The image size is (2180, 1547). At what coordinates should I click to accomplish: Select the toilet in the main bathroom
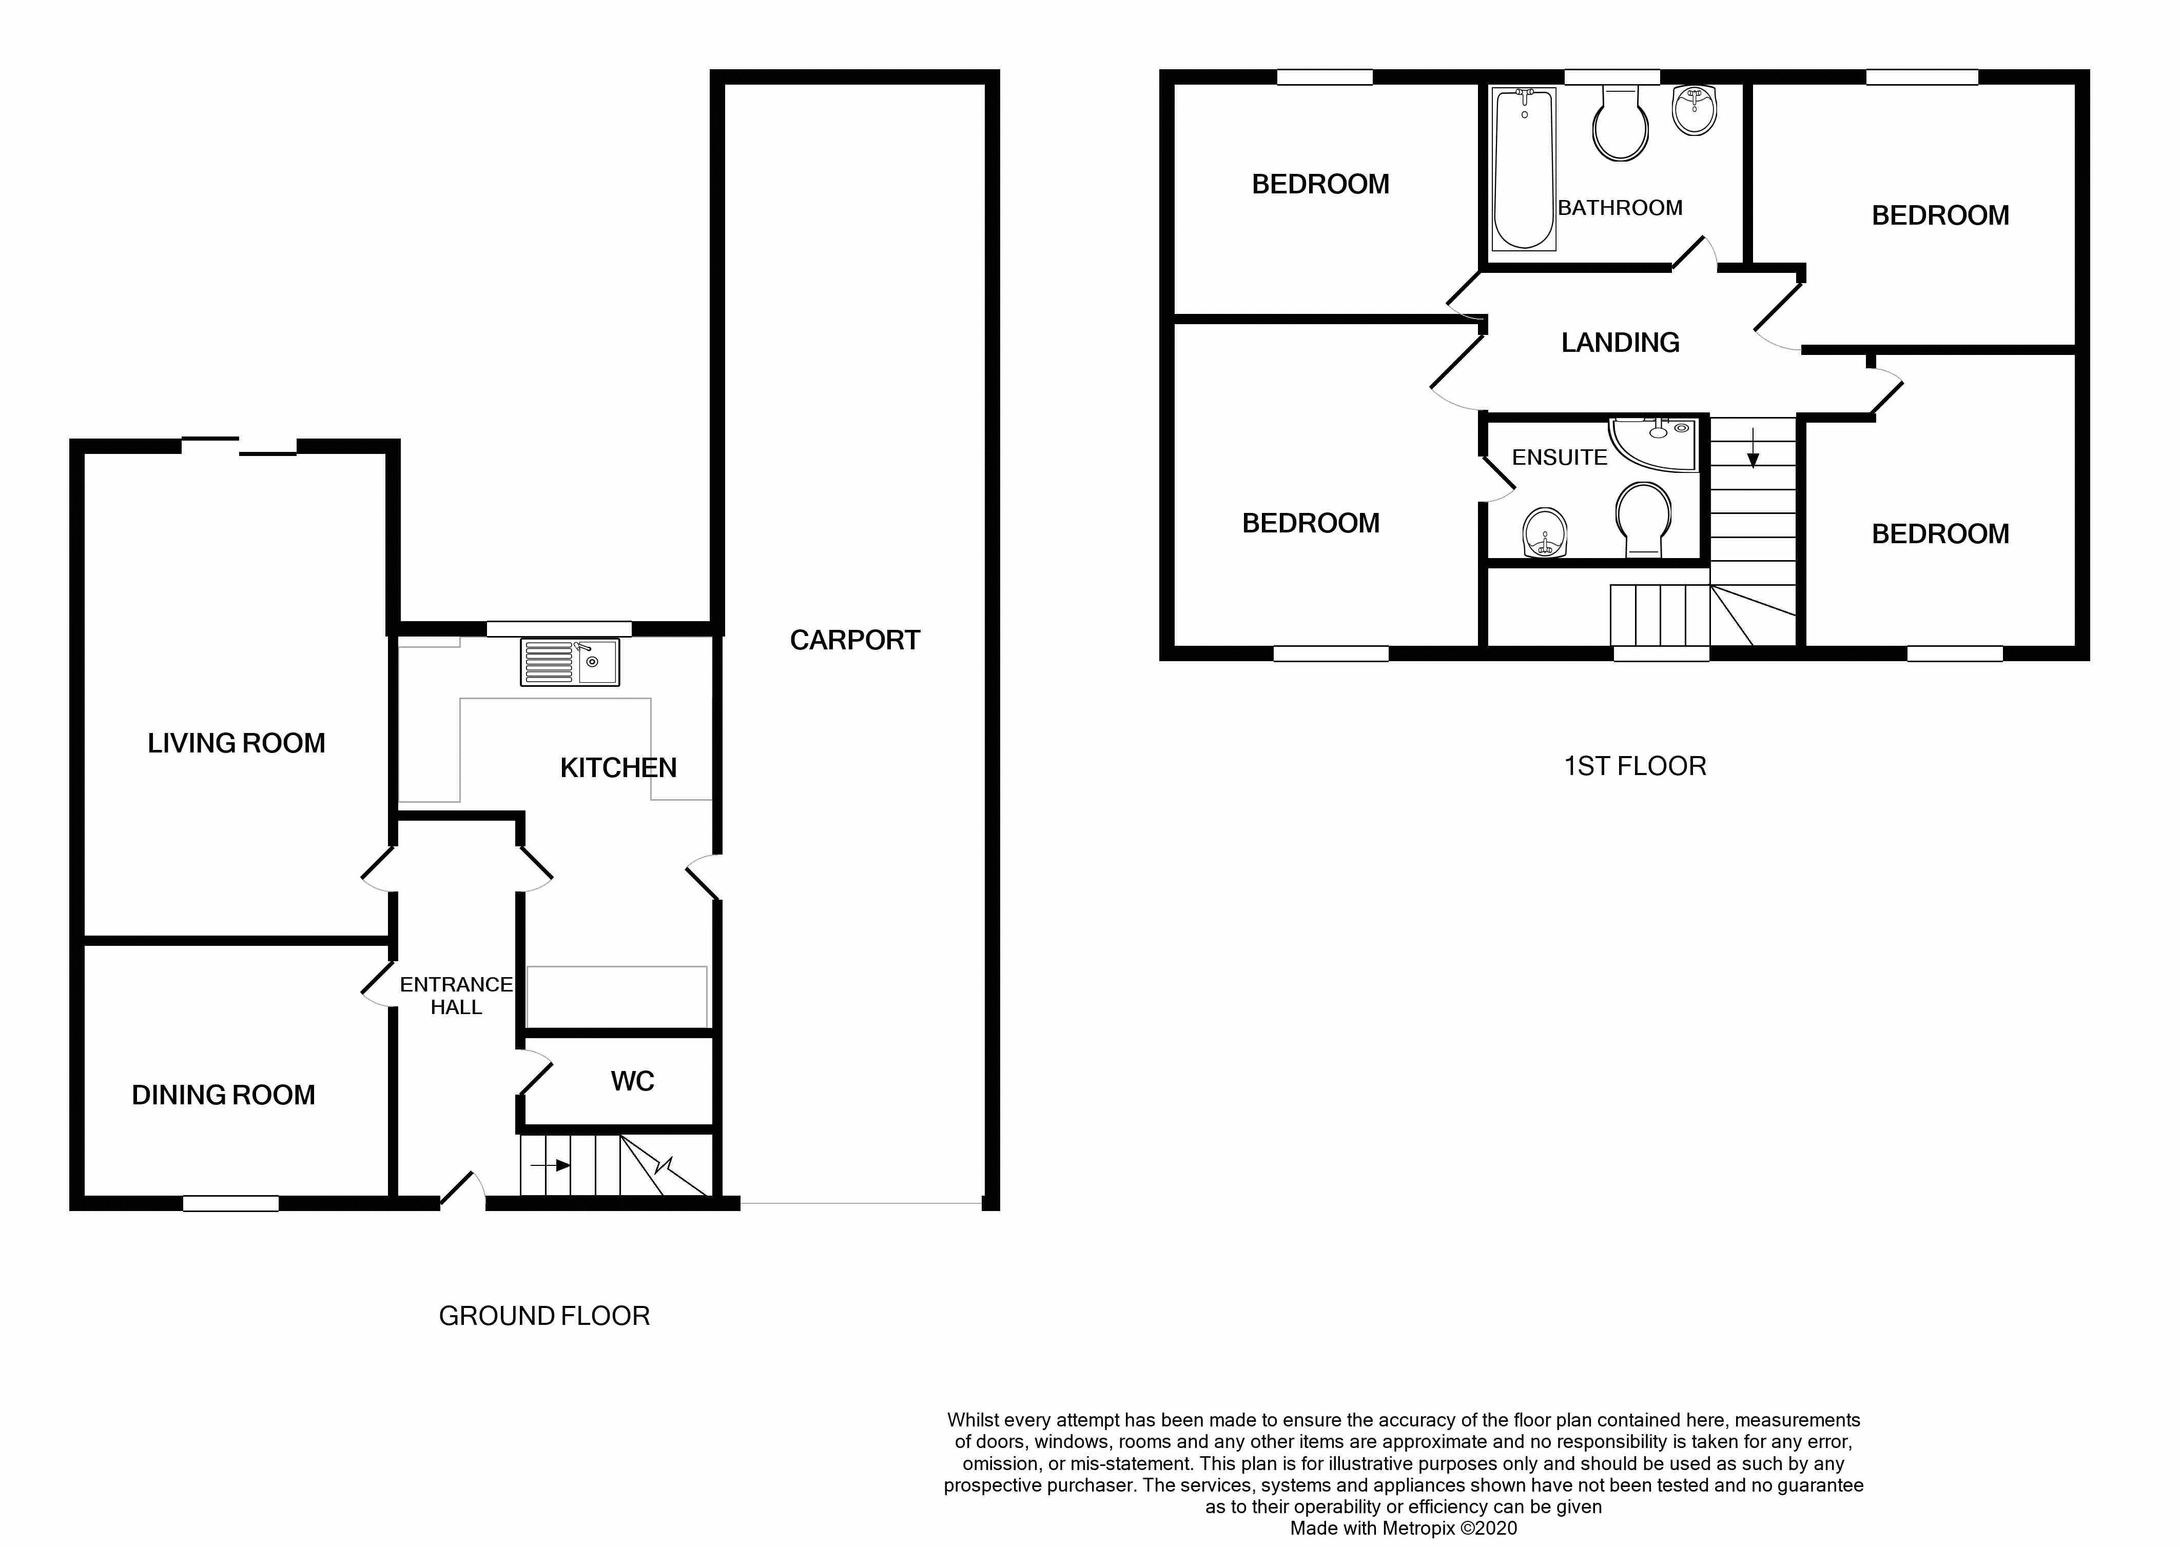coord(1620,124)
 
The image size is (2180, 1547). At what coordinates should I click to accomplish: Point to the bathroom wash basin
coord(1694,110)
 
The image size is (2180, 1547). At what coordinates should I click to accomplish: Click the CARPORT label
coord(854,640)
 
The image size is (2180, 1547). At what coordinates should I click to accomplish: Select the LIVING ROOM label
coord(236,743)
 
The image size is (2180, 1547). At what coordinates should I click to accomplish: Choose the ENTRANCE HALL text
coord(456,996)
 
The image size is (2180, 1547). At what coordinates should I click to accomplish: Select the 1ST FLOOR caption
coord(1635,766)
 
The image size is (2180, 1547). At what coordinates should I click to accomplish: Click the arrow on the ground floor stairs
coord(551,1165)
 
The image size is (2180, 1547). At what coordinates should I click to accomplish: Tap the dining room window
coord(230,1204)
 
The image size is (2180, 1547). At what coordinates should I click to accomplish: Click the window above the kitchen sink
coord(559,629)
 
